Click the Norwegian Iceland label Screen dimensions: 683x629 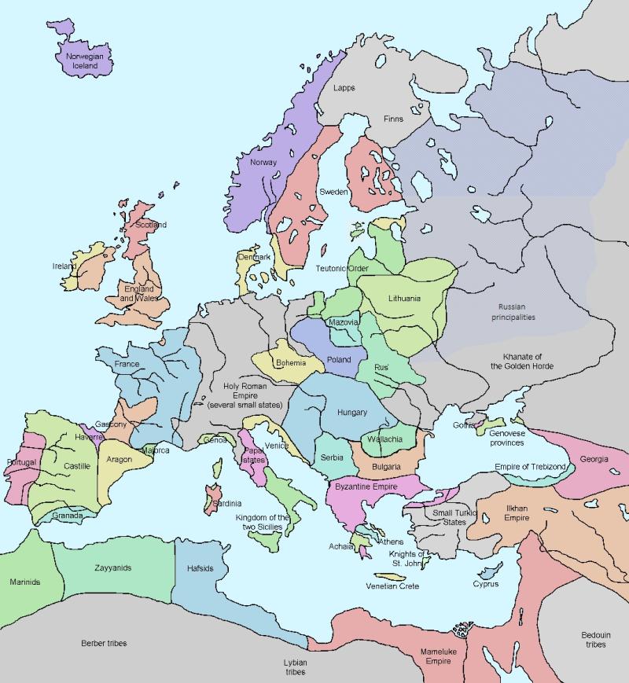point(82,61)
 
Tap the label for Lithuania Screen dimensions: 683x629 point(404,299)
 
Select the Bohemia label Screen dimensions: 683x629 point(291,363)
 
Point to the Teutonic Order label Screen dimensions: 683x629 point(342,269)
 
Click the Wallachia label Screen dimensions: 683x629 point(384,439)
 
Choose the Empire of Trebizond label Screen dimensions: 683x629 point(530,467)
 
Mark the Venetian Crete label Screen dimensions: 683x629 point(392,586)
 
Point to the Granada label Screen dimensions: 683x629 point(68,516)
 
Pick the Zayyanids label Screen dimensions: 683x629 point(113,567)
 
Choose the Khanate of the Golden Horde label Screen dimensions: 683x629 point(522,362)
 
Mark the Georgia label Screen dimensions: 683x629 point(594,459)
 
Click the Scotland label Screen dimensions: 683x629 point(151,225)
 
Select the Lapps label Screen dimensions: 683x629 point(344,88)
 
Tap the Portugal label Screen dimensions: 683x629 point(21,462)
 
